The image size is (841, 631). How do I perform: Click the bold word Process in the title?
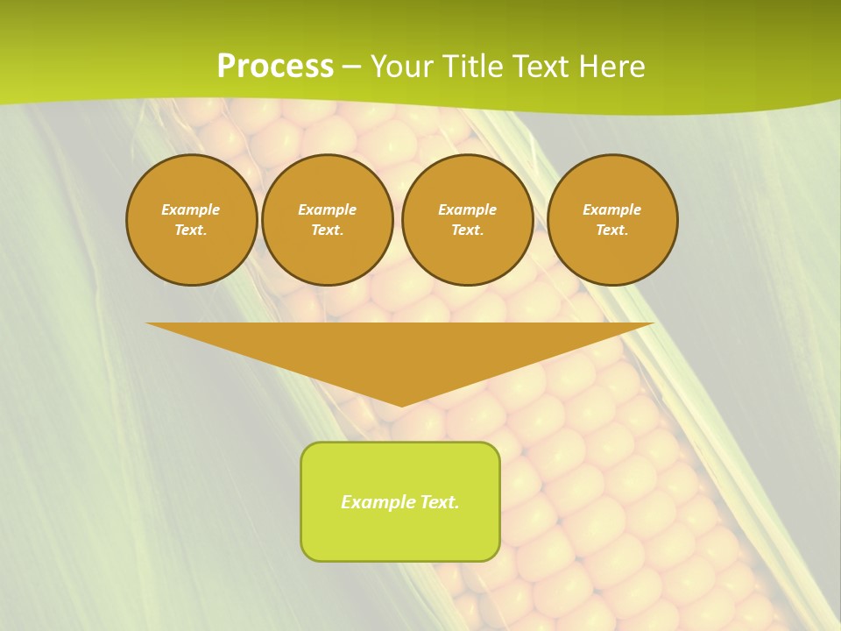pos(275,67)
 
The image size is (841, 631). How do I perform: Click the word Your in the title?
pos(402,67)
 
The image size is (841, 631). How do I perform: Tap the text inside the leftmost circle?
pos(191,220)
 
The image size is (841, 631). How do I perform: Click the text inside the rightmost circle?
pos(612,220)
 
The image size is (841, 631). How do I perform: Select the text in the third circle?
pos(468,220)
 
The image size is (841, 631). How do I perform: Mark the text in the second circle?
pos(328,220)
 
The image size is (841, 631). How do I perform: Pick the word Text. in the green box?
pos(439,502)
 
